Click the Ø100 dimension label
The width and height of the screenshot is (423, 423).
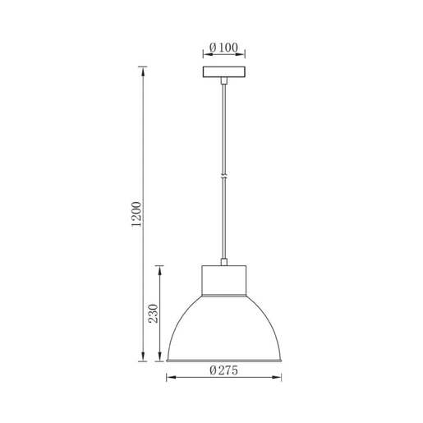pos(223,47)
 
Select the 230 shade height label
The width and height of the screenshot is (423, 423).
pos(153,313)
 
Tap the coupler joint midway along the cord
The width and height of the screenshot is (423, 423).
pos(223,174)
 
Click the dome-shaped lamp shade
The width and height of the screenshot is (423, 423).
pos(223,329)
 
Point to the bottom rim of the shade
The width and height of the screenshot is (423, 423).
pos(223,360)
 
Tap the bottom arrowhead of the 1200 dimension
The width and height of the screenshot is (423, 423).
pos(145,357)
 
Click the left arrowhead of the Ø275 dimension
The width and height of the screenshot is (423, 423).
pos(170,378)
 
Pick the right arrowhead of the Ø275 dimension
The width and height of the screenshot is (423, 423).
pos(278,378)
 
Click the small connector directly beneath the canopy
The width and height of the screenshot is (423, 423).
pos(223,80)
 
